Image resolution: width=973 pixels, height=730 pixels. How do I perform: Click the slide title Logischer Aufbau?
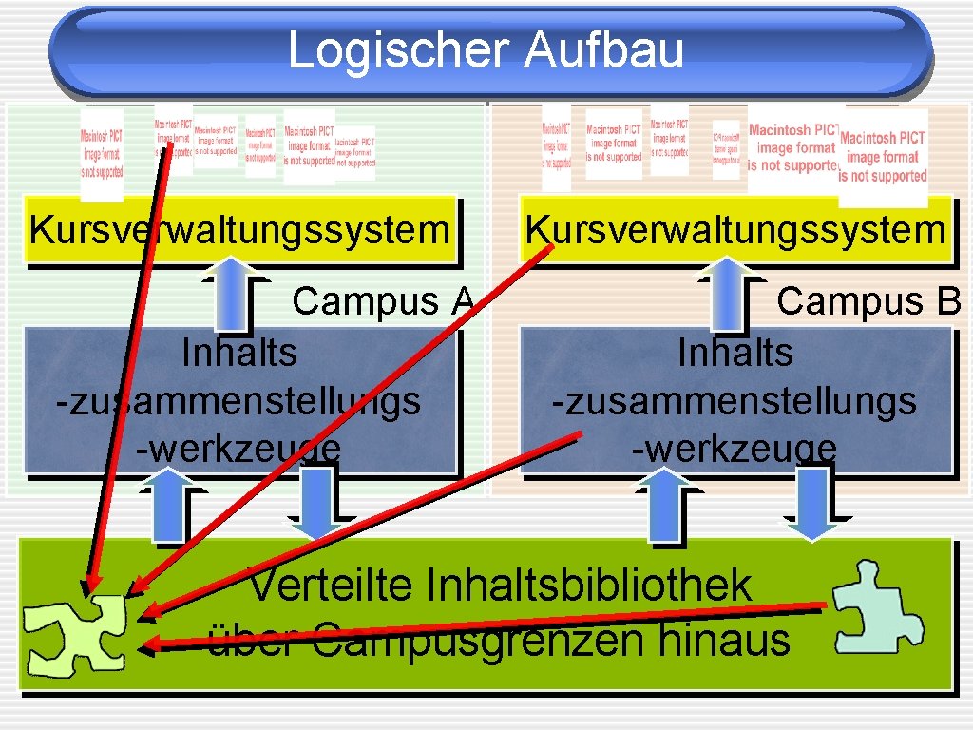tap(486, 49)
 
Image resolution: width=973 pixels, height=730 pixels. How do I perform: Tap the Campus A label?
tap(383, 301)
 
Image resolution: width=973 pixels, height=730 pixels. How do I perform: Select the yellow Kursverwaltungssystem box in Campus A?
tap(239, 230)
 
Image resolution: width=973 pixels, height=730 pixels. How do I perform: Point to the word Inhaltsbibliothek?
tap(589, 586)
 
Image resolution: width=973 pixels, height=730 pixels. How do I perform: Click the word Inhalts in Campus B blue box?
tap(735, 353)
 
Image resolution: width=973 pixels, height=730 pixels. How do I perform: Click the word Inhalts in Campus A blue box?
tap(238, 353)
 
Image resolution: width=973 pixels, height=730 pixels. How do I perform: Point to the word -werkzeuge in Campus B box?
tap(735, 449)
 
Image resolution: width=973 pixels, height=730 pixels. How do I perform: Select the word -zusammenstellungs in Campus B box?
tap(735, 400)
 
